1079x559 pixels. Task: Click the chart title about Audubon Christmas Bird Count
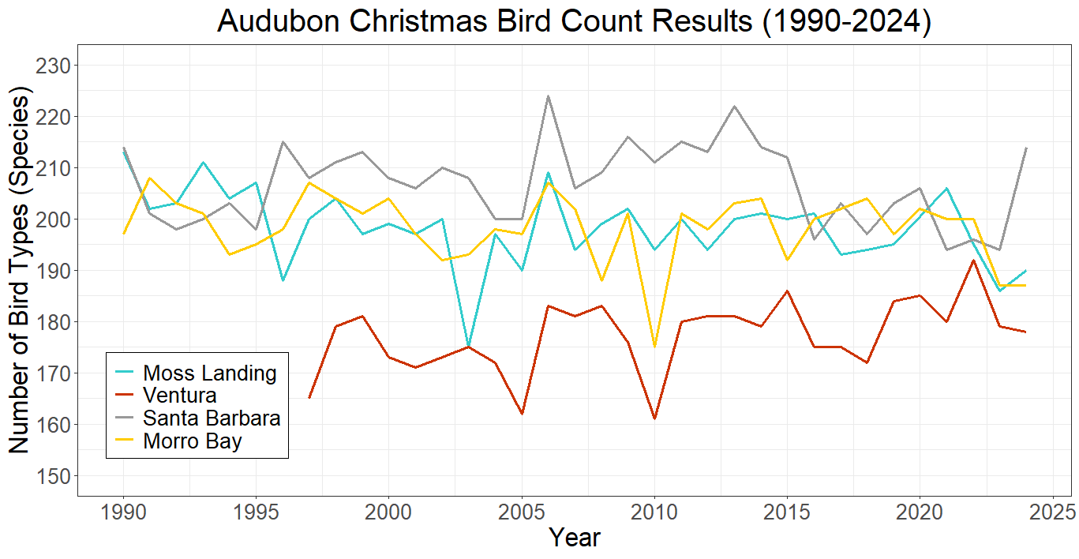point(574,22)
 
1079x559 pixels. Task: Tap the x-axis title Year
point(574,538)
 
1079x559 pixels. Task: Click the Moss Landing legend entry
point(209,373)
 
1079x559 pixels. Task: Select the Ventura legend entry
point(179,395)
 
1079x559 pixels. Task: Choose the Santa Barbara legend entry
point(211,418)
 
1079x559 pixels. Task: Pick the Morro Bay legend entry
point(192,441)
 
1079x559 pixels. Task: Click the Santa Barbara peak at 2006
point(548,96)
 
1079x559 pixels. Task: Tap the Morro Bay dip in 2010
point(654,347)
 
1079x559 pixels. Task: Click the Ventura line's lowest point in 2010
point(654,418)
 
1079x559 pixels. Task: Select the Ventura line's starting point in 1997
point(309,398)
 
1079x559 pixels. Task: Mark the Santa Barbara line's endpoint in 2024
point(1025,148)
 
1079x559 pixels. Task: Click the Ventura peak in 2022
point(972,260)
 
